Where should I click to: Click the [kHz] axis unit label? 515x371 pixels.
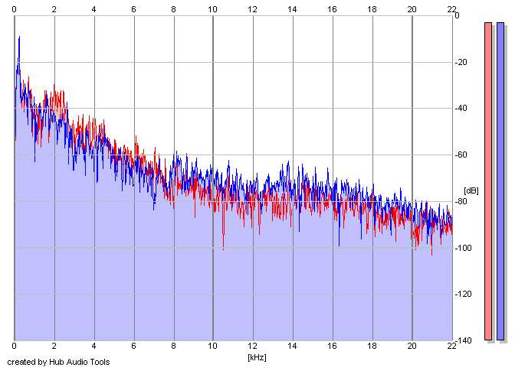point(256,357)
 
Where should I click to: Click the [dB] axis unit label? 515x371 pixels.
point(471,190)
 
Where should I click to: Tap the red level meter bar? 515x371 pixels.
point(487,181)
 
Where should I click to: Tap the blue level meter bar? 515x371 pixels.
point(500,181)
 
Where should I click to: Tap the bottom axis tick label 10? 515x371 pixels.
point(213,348)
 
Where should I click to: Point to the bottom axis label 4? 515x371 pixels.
point(93,348)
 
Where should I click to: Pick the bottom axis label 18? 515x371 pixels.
point(372,348)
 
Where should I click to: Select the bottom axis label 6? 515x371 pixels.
point(133,348)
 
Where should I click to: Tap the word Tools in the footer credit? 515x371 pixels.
point(99,362)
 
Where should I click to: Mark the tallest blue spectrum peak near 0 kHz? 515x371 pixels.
point(19,37)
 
